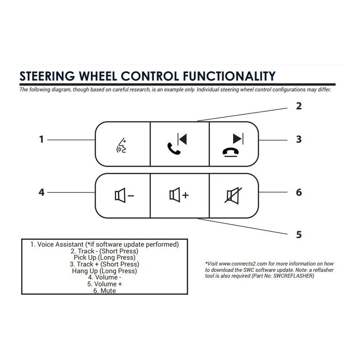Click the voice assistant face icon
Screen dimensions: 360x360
pos(121,145)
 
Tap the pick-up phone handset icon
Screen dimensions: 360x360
pos(174,148)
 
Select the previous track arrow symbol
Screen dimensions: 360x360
pos(182,139)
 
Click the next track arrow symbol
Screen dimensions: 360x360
pos(238,139)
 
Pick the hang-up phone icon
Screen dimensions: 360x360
pos(230,153)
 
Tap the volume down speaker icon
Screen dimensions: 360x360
pos(124,195)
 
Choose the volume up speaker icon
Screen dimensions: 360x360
pos(179,195)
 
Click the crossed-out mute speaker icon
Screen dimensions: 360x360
pos(233,195)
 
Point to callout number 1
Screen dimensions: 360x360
pos(41,139)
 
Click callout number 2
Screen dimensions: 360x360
pos(299,106)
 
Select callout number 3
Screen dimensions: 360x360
pos(299,139)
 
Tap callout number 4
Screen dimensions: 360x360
pos(41,193)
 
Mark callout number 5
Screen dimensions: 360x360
pos(299,234)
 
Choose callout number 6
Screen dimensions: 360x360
pos(299,193)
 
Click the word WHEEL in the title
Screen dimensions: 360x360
pos(98,76)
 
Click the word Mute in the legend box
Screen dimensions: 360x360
pos(108,291)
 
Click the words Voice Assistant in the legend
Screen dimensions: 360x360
pos(60,244)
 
